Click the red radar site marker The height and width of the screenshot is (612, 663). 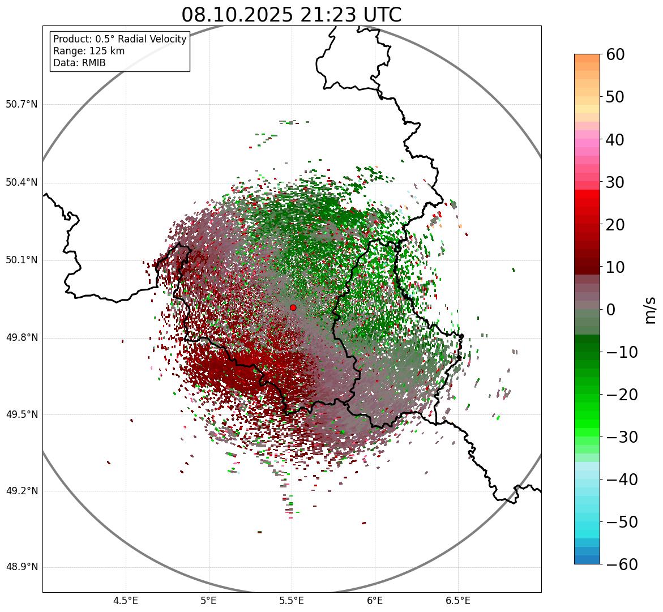[x=293, y=307]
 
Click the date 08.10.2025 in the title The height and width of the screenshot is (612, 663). [x=237, y=15]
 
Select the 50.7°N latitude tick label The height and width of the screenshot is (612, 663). [x=22, y=105]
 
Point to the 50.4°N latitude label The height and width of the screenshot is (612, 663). [x=22, y=183]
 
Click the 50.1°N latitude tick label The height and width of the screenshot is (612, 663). [x=22, y=260]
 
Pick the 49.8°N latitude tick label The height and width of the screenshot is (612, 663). [x=22, y=338]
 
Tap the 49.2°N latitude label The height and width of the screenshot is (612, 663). [x=22, y=491]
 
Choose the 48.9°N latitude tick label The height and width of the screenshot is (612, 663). [x=22, y=567]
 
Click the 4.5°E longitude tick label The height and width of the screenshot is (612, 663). [x=126, y=601]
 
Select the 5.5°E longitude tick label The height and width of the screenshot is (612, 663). [x=292, y=601]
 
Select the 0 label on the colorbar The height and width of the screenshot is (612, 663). [x=611, y=310]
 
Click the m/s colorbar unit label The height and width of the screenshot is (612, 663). [x=651, y=310]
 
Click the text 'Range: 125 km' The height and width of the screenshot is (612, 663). [x=89, y=51]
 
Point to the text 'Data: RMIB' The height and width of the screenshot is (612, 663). [x=79, y=63]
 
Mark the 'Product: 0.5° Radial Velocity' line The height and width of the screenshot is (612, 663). [x=119, y=39]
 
